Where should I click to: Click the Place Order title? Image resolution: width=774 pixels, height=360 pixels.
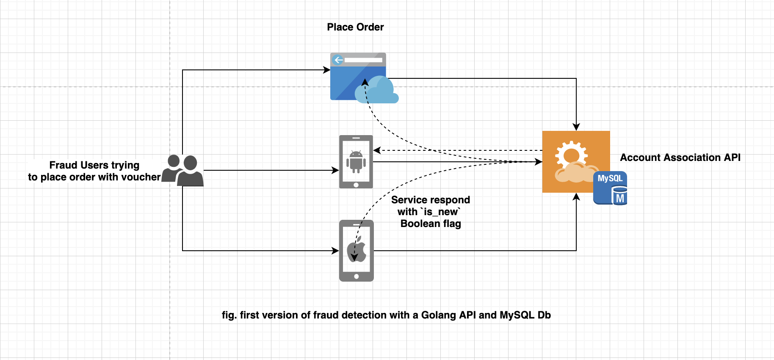click(355, 27)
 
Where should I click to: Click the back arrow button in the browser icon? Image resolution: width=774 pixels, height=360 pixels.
click(338, 60)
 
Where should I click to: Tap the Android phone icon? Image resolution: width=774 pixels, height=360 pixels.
click(356, 161)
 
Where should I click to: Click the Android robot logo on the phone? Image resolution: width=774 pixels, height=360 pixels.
click(356, 161)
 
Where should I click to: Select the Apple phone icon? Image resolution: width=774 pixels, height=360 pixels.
click(357, 251)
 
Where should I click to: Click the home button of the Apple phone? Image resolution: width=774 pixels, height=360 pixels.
click(357, 277)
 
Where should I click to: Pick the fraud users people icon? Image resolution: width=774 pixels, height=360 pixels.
click(183, 170)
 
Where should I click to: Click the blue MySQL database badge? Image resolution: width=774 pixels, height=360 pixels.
click(611, 188)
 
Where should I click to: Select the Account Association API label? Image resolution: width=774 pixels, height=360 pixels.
click(680, 158)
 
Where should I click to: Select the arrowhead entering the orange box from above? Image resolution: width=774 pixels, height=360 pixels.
click(576, 127)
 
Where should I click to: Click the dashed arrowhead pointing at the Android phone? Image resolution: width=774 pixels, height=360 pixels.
click(377, 150)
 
